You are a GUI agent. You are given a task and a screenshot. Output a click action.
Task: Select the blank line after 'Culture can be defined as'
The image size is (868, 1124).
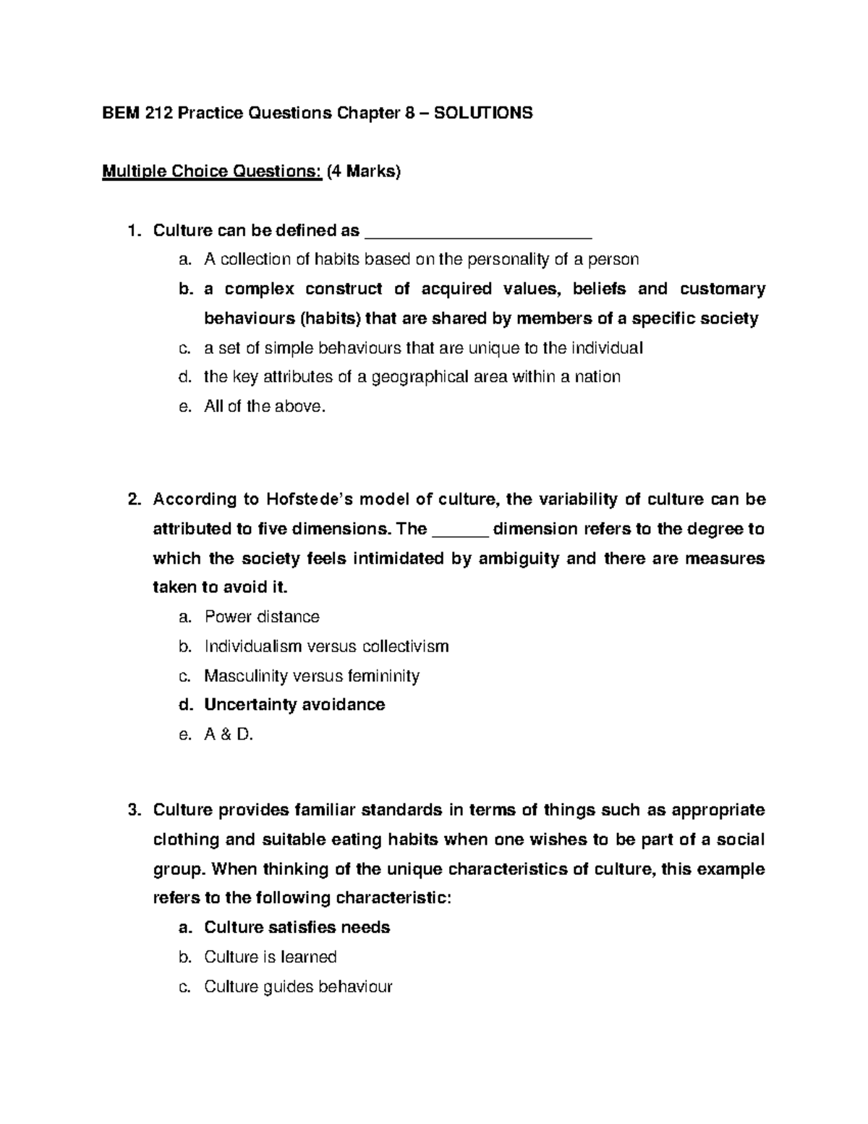[x=480, y=233]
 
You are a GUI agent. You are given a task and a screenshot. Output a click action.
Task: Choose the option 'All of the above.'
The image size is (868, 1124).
[x=265, y=407]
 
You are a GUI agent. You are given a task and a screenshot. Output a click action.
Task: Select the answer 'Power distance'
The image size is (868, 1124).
[x=262, y=617]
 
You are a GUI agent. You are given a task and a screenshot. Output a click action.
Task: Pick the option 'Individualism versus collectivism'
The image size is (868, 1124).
[x=326, y=646]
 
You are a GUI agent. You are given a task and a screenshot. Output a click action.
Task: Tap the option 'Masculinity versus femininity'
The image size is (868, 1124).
[x=312, y=676]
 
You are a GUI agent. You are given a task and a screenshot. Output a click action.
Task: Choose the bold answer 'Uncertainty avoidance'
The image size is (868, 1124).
[x=294, y=705]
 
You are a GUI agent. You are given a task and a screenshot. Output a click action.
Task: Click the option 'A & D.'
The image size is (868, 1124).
[x=229, y=735]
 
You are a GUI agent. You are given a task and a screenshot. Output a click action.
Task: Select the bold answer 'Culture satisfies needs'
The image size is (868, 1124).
[x=297, y=928]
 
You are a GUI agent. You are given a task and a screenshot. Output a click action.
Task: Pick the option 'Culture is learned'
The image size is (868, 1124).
[x=271, y=958]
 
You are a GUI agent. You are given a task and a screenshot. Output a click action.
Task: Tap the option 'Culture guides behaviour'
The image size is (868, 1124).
[x=298, y=986]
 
